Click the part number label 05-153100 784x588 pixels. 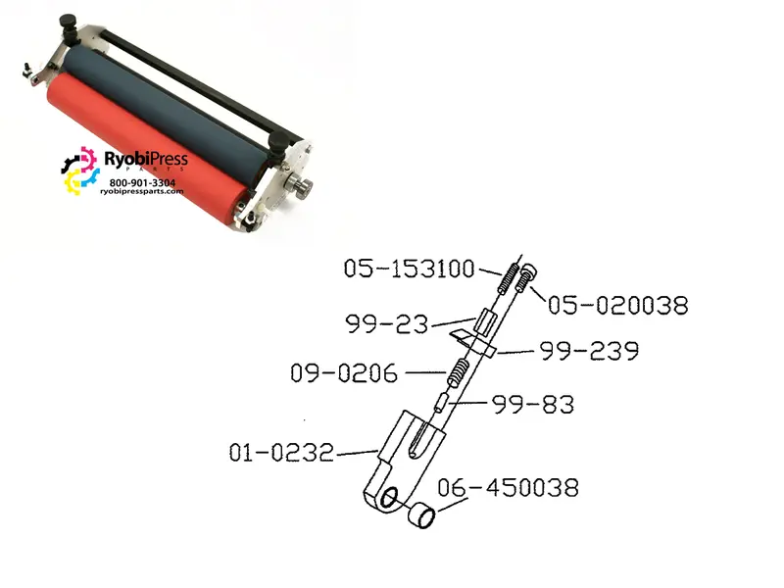click(409, 269)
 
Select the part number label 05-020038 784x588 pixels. click(618, 305)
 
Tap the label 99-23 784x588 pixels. click(387, 324)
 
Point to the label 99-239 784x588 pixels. click(589, 351)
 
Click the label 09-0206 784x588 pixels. click(344, 373)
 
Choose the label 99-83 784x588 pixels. click(533, 405)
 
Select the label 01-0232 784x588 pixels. click(281, 453)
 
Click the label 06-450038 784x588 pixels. click(508, 487)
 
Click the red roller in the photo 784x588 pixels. click(145, 150)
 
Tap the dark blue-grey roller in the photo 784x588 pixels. click(165, 108)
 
